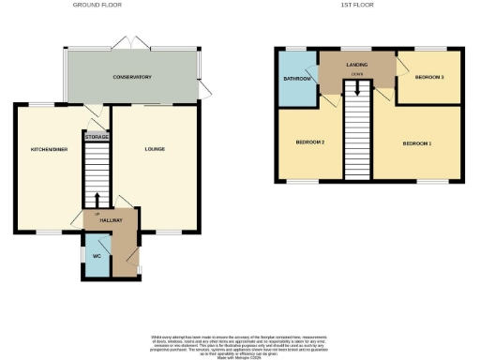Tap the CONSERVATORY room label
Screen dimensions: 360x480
(132, 77)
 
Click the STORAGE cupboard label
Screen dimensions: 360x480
(97, 137)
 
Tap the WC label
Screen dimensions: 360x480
(96, 255)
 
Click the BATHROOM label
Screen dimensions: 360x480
(297, 79)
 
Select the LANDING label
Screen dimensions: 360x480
(356, 63)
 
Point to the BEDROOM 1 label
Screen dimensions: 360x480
(417, 143)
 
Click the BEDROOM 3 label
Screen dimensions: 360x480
(429, 77)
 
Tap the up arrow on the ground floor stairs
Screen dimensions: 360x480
(97, 200)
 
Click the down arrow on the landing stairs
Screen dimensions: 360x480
(356, 88)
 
